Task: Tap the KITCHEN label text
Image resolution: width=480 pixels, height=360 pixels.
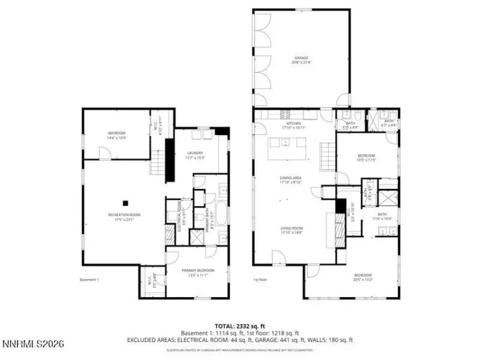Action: click(x=294, y=124)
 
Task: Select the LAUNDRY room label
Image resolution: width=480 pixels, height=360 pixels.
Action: click(x=195, y=154)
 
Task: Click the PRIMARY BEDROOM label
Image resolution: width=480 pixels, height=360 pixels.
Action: click(x=197, y=271)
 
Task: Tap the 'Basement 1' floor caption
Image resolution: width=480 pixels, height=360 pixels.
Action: click(x=89, y=280)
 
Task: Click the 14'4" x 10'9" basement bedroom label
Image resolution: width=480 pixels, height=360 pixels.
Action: click(x=116, y=135)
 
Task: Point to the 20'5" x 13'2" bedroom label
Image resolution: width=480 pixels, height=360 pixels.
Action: click(x=363, y=277)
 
